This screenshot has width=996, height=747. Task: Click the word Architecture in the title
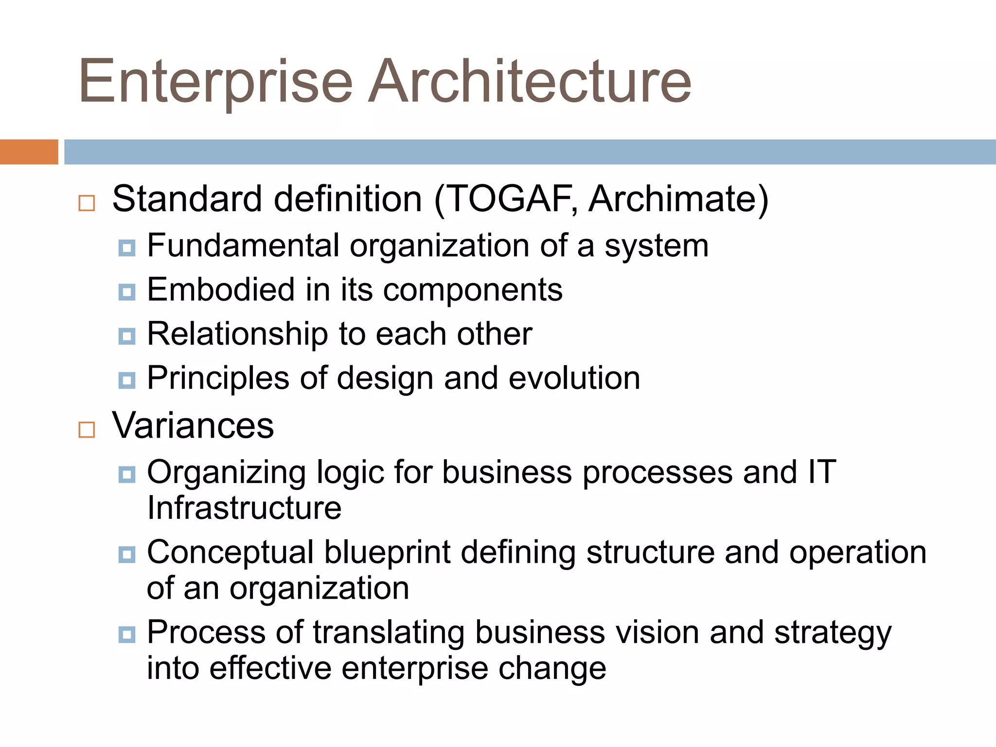(529, 82)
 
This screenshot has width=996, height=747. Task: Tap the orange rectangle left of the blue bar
(29, 152)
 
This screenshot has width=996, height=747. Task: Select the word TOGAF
(509, 199)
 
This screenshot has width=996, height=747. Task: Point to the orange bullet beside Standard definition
(87, 203)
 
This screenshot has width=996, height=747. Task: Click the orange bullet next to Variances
(87, 429)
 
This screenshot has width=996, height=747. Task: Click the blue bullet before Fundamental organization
(127, 248)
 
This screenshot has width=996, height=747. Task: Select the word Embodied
(221, 290)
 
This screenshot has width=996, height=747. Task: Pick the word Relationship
(237, 335)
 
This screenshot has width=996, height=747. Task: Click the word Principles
(218, 379)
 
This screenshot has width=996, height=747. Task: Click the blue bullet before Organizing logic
(127, 474)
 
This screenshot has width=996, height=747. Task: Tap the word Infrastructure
(244, 508)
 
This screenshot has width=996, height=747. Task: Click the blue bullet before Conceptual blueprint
(127, 554)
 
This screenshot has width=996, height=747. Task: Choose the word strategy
(832, 634)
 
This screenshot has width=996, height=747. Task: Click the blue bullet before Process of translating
(127, 634)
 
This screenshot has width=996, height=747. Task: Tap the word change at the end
(552, 668)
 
